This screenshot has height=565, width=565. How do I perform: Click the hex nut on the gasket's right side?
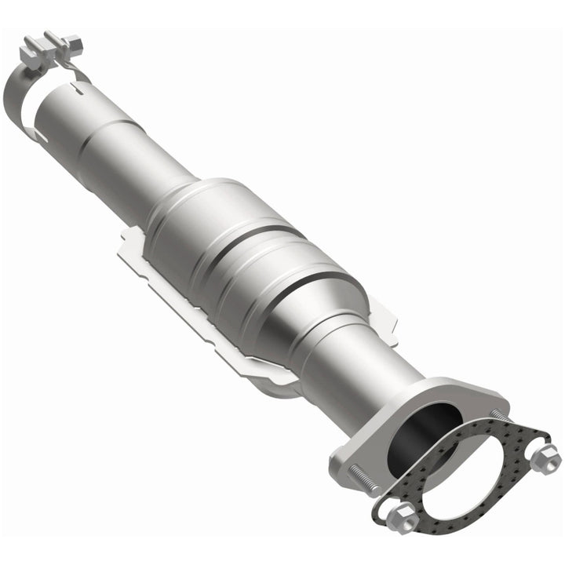[x=543, y=458]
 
